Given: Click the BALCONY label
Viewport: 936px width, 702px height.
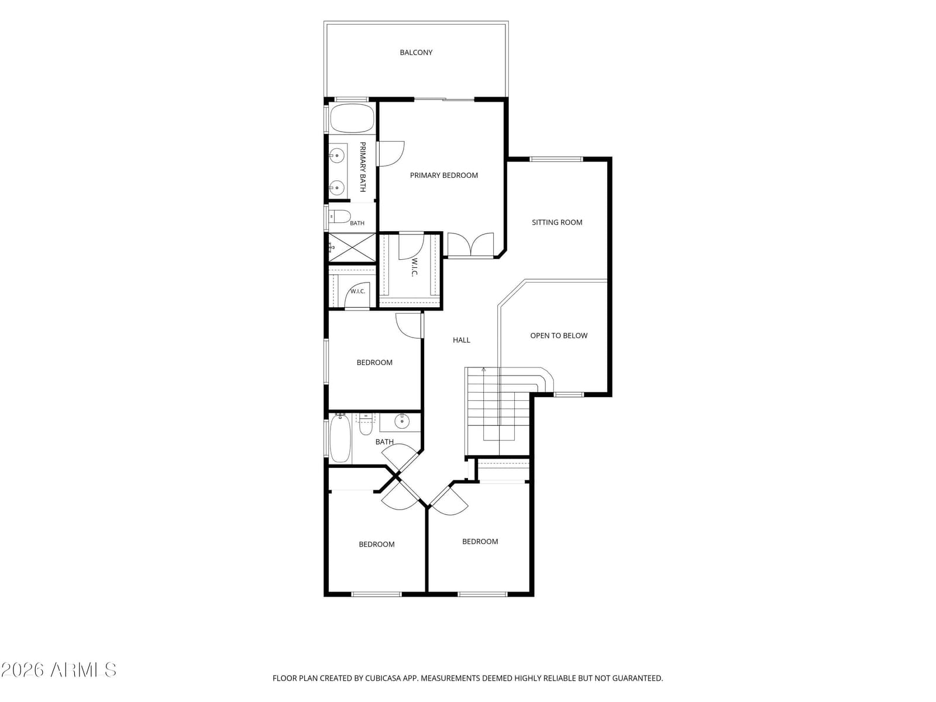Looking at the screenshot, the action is (416, 53).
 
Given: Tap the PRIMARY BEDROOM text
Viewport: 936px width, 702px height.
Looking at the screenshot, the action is (443, 175).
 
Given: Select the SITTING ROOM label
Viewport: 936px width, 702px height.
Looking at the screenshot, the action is (557, 222).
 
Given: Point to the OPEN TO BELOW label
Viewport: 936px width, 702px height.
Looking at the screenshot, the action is (559, 335).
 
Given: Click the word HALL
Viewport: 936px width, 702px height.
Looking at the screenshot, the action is (462, 340).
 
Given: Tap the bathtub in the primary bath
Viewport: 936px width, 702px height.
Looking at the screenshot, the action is (352, 118).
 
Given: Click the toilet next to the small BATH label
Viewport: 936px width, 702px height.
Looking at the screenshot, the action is (340, 216).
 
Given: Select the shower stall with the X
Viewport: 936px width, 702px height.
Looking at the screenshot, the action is (352, 247).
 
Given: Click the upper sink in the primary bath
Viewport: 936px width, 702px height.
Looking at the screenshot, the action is (337, 156).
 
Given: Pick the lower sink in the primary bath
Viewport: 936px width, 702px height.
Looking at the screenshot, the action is (337, 187).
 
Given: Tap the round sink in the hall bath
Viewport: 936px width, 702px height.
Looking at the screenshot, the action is (402, 422).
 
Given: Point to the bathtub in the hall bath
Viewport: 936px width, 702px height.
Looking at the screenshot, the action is (340, 438).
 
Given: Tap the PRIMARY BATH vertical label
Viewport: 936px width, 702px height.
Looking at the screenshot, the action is (363, 167).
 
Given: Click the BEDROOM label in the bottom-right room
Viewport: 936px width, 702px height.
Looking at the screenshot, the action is (480, 541).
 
